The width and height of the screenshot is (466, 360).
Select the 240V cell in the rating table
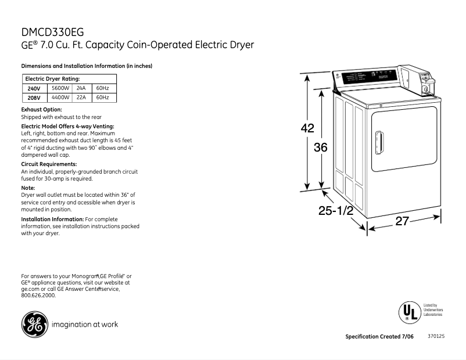click(x=34, y=88)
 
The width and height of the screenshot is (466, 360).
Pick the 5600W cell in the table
click(x=60, y=88)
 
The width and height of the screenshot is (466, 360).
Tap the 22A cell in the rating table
click(x=81, y=98)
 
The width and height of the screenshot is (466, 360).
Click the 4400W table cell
click(x=60, y=98)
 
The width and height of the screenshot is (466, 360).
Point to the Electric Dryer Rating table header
click(x=52, y=78)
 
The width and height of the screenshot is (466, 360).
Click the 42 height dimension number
click(x=307, y=129)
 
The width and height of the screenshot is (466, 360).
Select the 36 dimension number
click(x=321, y=147)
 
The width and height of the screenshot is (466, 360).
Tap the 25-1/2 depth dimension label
click(x=336, y=211)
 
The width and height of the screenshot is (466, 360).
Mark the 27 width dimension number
click(x=403, y=221)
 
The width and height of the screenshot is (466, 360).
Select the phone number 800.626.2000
click(x=38, y=296)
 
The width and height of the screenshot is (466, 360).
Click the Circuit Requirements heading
click(x=49, y=164)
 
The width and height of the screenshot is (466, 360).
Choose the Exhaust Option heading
click(x=41, y=109)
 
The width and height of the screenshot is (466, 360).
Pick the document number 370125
click(x=436, y=336)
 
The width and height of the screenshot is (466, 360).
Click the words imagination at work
click(x=85, y=325)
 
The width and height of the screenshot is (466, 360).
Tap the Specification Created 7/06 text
click(x=381, y=337)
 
